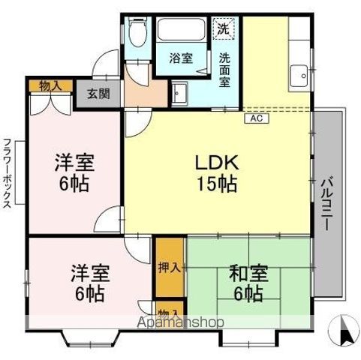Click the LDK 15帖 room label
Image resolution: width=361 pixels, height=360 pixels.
click(x=217, y=172)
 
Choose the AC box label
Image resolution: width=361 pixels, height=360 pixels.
click(x=254, y=118)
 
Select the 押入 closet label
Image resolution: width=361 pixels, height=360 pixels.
click(x=169, y=267)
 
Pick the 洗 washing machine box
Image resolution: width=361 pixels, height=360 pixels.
click(x=223, y=30)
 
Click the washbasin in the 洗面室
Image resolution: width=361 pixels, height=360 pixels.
click(x=180, y=93)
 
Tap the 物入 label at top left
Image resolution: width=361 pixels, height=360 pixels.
click(x=50, y=85)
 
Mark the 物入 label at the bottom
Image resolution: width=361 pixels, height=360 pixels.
click(x=168, y=313)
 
